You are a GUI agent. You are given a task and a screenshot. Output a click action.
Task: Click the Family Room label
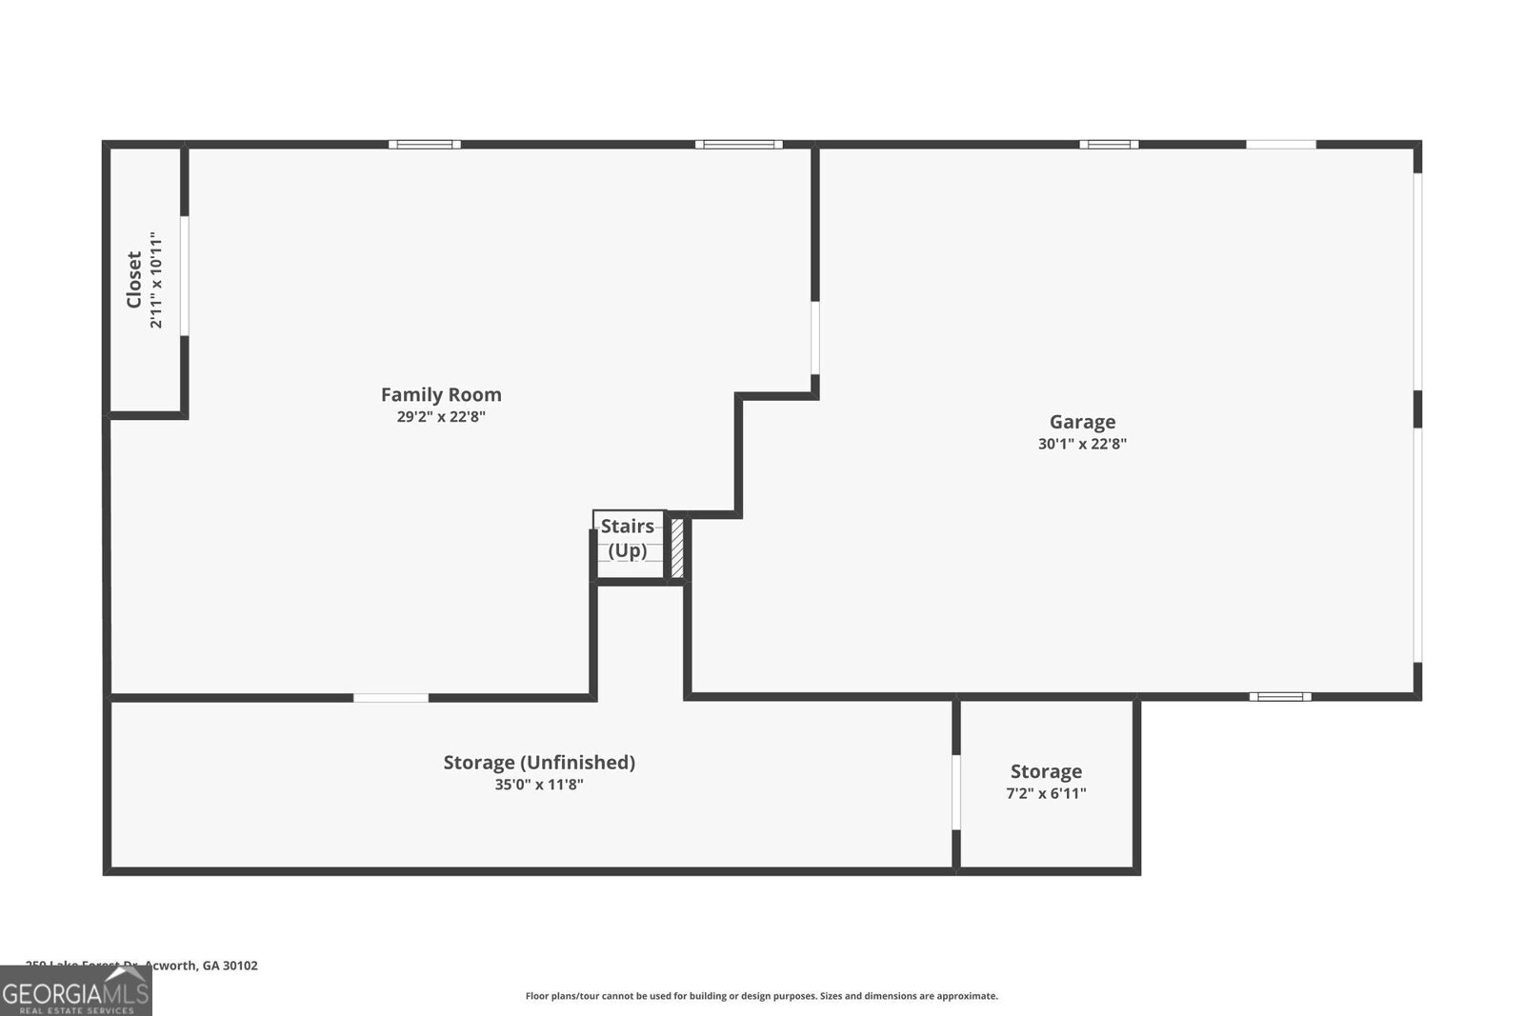click(x=441, y=394)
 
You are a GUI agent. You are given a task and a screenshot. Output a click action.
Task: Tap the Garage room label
click(x=1082, y=422)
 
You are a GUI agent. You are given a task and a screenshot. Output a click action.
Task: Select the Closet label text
click(x=134, y=279)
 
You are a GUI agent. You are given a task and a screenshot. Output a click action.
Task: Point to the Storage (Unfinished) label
click(x=539, y=762)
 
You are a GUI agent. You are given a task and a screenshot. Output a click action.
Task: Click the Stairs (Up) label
click(x=628, y=538)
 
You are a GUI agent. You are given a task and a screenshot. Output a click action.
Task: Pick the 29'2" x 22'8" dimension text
click(x=441, y=416)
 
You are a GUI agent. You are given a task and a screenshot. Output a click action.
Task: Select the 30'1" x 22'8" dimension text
click(x=1082, y=444)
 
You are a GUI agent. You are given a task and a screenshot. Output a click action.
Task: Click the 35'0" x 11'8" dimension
click(x=539, y=785)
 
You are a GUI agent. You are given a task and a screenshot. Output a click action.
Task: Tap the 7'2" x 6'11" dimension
click(x=1046, y=793)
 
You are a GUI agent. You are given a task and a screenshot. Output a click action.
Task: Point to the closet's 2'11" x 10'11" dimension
click(x=156, y=279)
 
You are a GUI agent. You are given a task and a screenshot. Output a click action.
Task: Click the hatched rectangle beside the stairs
click(x=677, y=547)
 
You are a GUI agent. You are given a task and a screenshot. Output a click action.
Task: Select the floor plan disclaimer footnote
click(x=762, y=996)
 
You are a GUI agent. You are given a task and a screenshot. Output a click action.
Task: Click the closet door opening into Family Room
click(x=184, y=276)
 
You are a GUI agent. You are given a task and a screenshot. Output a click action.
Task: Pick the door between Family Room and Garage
click(x=814, y=338)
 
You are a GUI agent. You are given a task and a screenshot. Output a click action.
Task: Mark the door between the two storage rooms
click(x=956, y=792)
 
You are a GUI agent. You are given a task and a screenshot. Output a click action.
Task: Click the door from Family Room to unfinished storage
click(x=391, y=698)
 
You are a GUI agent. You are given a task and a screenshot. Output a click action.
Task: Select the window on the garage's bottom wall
click(x=1280, y=696)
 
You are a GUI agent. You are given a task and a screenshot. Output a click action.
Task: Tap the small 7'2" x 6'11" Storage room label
click(x=1046, y=771)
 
